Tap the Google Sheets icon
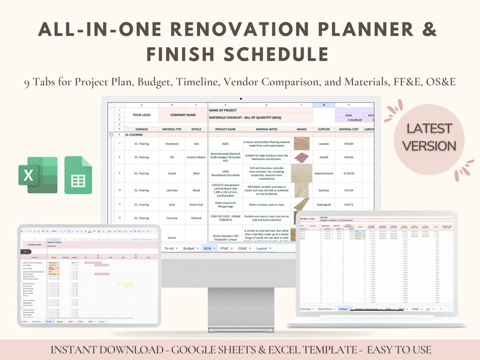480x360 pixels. [x=78, y=175]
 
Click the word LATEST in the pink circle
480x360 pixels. [x=429, y=129]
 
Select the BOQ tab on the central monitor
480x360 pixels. [x=207, y=248]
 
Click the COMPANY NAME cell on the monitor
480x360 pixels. [x=182, y=114]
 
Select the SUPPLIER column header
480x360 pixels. [x=323, y=129]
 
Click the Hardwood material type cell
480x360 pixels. [x=170, y=144]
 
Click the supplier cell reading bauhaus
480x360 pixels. [x=323, y=190]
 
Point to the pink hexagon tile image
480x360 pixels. [x=301, y=158]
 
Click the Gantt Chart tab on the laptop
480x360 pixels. [x=325, y=309]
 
